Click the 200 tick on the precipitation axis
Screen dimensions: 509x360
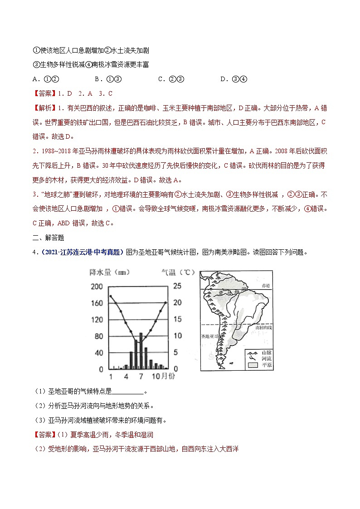tap(97, 286)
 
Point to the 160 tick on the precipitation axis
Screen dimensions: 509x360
tap(97, 303)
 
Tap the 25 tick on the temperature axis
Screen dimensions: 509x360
tap(177, 286)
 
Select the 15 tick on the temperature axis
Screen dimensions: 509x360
tap(177, 319)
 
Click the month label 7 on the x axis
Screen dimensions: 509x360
tap(141, 377)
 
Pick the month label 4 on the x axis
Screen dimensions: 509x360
tap(126, 377)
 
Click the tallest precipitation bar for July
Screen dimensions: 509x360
tap(141, 351)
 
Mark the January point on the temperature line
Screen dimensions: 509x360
tap(111, 296)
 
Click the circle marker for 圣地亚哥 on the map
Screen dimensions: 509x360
tap(220, 337)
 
